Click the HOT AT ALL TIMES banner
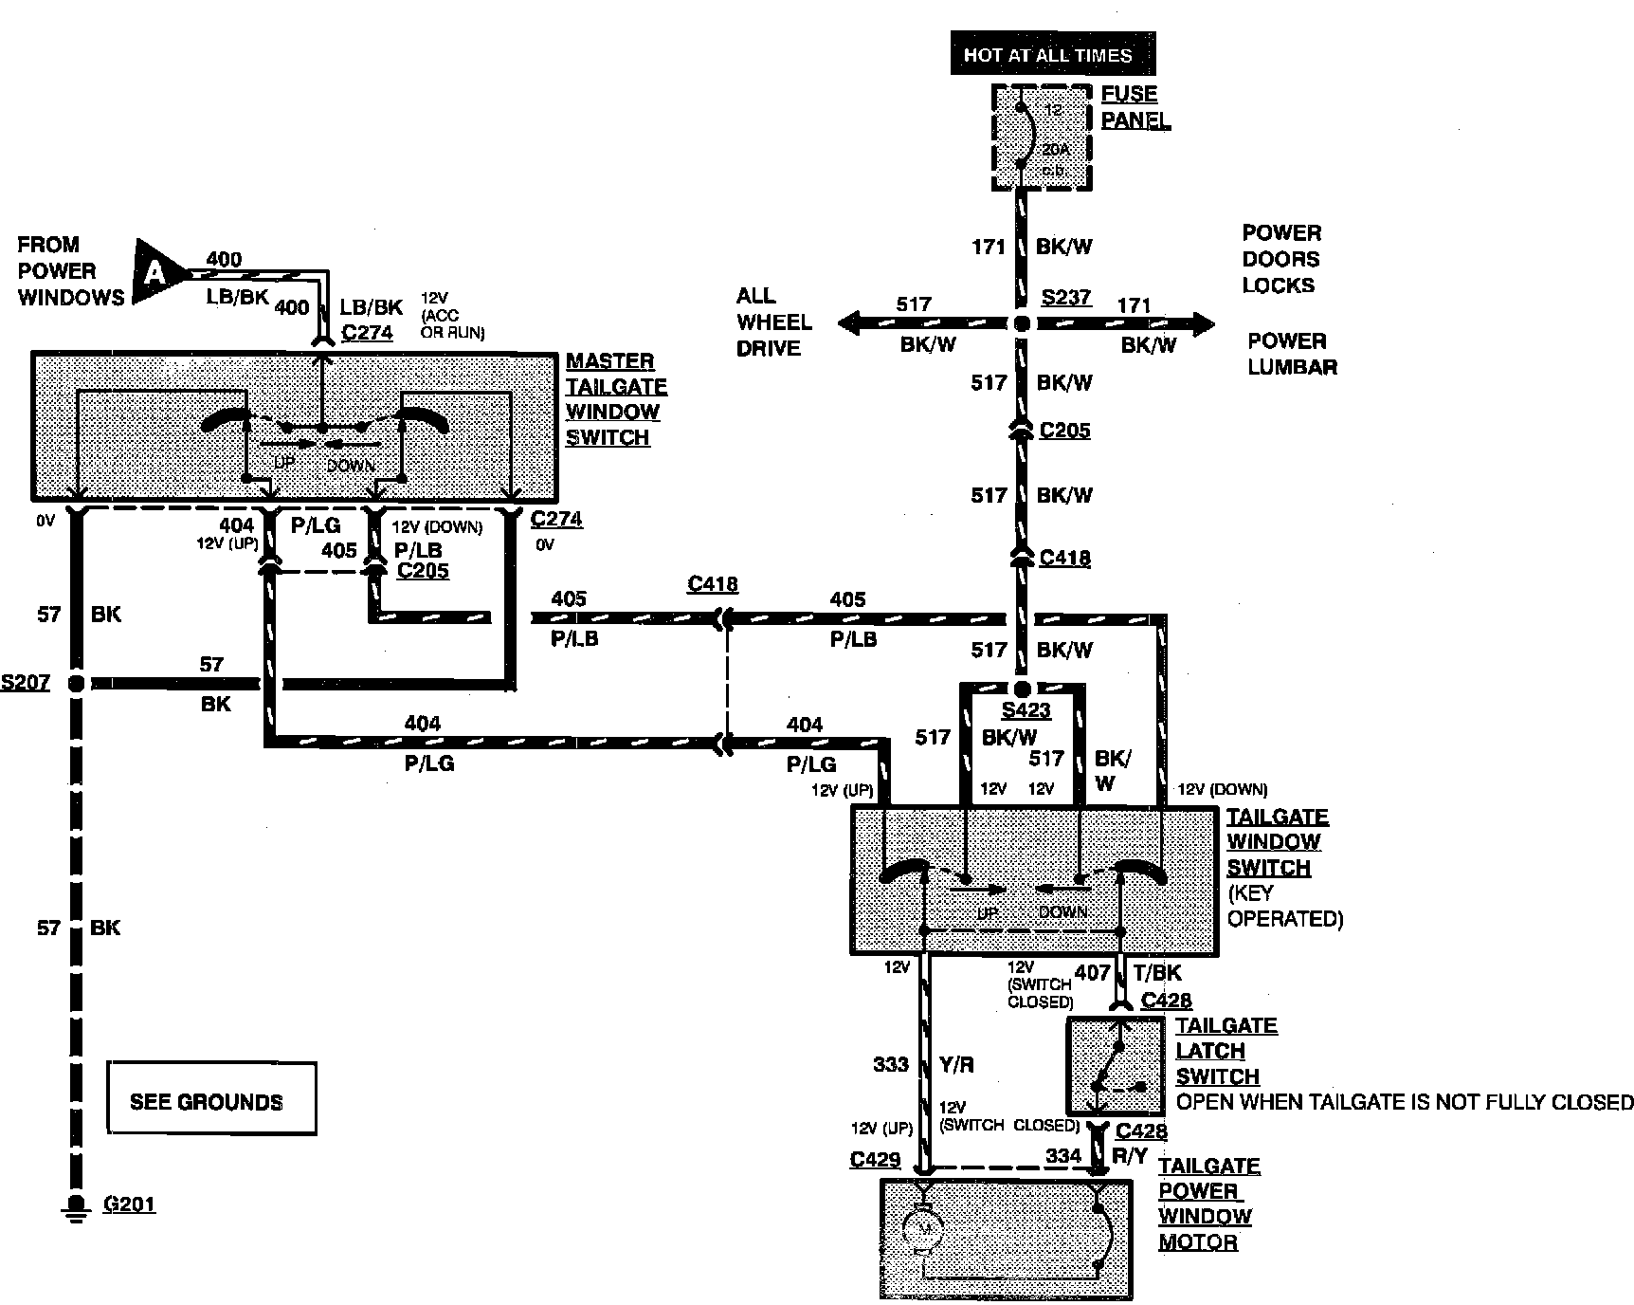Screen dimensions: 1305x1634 tap(1047, 55)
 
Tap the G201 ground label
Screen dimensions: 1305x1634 tap(129, 1204)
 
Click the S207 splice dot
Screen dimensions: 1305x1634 tap(76, 683)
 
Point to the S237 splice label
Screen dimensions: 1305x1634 tap(1066, 298)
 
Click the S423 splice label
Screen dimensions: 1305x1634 tap(1026, 710)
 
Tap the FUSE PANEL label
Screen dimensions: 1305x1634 tap(1135, 107)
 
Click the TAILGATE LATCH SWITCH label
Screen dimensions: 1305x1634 tap(1225, 1051)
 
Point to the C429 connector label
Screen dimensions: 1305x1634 tap(875, 1159)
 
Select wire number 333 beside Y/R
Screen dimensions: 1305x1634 tap(891, 1065)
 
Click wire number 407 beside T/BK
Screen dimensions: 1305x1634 tap(1092, 972)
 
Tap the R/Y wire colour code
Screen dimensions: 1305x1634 tap(1130, 1155)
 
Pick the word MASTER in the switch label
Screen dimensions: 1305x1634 tap(609, 361)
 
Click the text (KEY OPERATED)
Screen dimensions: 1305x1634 tap(1284, 906)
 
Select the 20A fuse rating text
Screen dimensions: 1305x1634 tap(1053, 150)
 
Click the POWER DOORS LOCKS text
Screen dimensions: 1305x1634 tap(1280, 259)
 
